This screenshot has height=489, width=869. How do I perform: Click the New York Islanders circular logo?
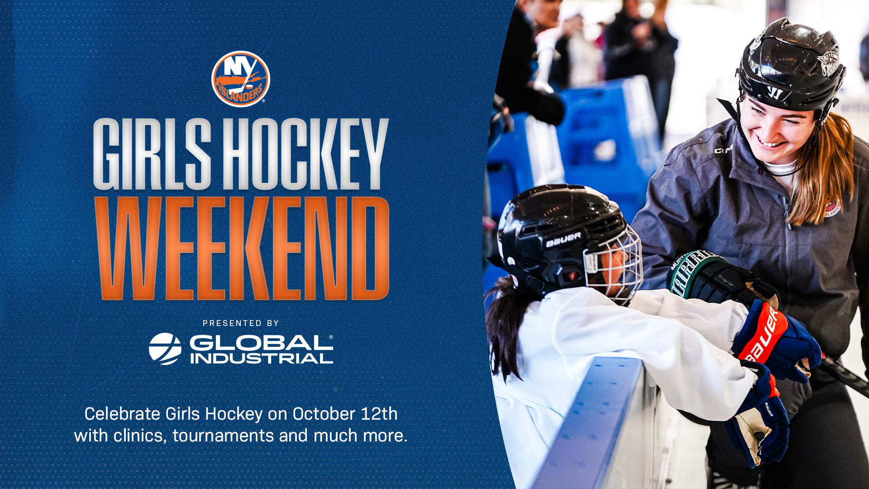click(240, 79)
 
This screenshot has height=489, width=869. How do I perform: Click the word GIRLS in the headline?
click(152, 154)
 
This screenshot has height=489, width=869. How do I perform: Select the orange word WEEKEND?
click(242, 249)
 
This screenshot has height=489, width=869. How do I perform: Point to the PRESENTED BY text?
click(241, 323)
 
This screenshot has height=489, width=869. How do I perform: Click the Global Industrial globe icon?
click(165, 349)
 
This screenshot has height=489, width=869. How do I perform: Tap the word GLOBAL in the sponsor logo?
click(261, 342)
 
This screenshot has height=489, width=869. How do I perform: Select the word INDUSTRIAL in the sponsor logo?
click(262, 359)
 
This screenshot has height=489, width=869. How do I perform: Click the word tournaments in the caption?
click(223, 436)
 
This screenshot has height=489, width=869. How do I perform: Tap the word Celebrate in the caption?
click(122, 414)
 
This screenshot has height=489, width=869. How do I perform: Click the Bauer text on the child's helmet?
click(563, 240)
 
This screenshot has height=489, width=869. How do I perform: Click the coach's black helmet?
click(791, 68)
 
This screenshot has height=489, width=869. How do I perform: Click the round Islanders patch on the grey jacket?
click(832, 207)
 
